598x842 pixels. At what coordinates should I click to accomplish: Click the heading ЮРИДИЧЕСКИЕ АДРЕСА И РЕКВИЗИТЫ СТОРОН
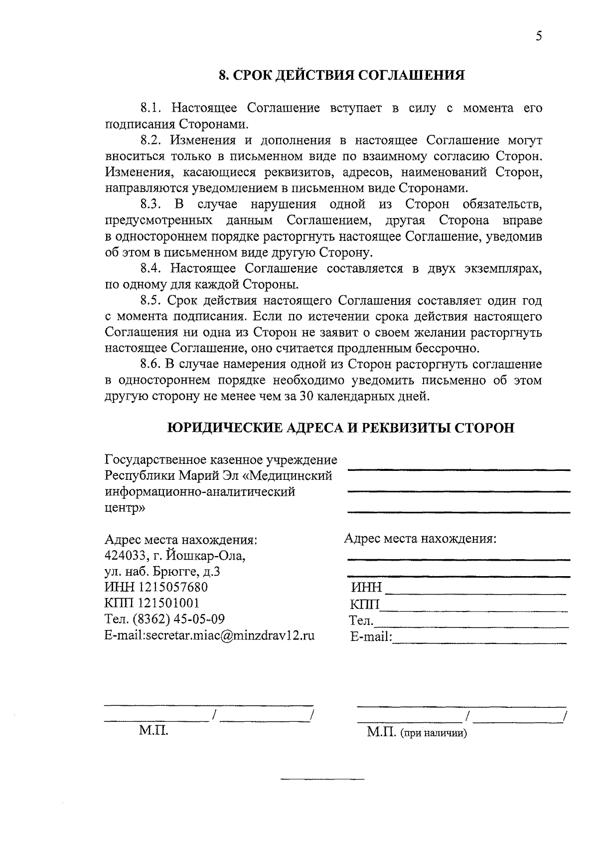(340, 428)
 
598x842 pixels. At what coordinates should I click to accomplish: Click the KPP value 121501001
(160, 603)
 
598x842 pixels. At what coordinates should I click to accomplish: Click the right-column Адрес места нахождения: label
(420, 539)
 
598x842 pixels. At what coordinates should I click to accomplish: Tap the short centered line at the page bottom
(322, 779)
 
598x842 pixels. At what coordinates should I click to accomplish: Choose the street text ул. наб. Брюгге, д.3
(162, 571)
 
